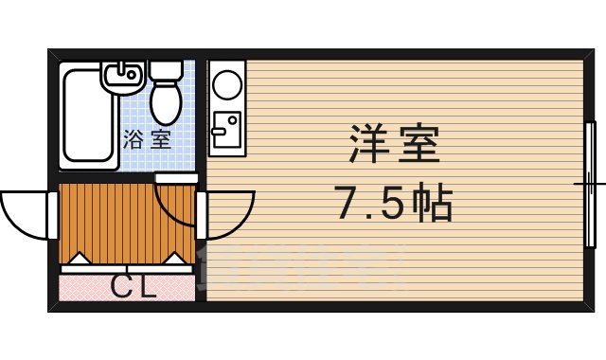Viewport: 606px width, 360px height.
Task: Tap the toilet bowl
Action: click(x=167, y=99)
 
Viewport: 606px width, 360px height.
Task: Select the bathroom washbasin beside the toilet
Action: click(x=121, y=76)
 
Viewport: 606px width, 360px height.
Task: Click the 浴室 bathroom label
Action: click(x=147, y=141)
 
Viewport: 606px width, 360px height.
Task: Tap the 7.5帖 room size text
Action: click(x=392, y=201)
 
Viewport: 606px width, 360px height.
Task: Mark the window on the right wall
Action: click(x=591, y=180)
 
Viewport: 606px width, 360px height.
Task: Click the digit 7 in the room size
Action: click(x=345, y=202)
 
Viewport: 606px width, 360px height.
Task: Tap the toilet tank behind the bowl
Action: click(x=167, y=69)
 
